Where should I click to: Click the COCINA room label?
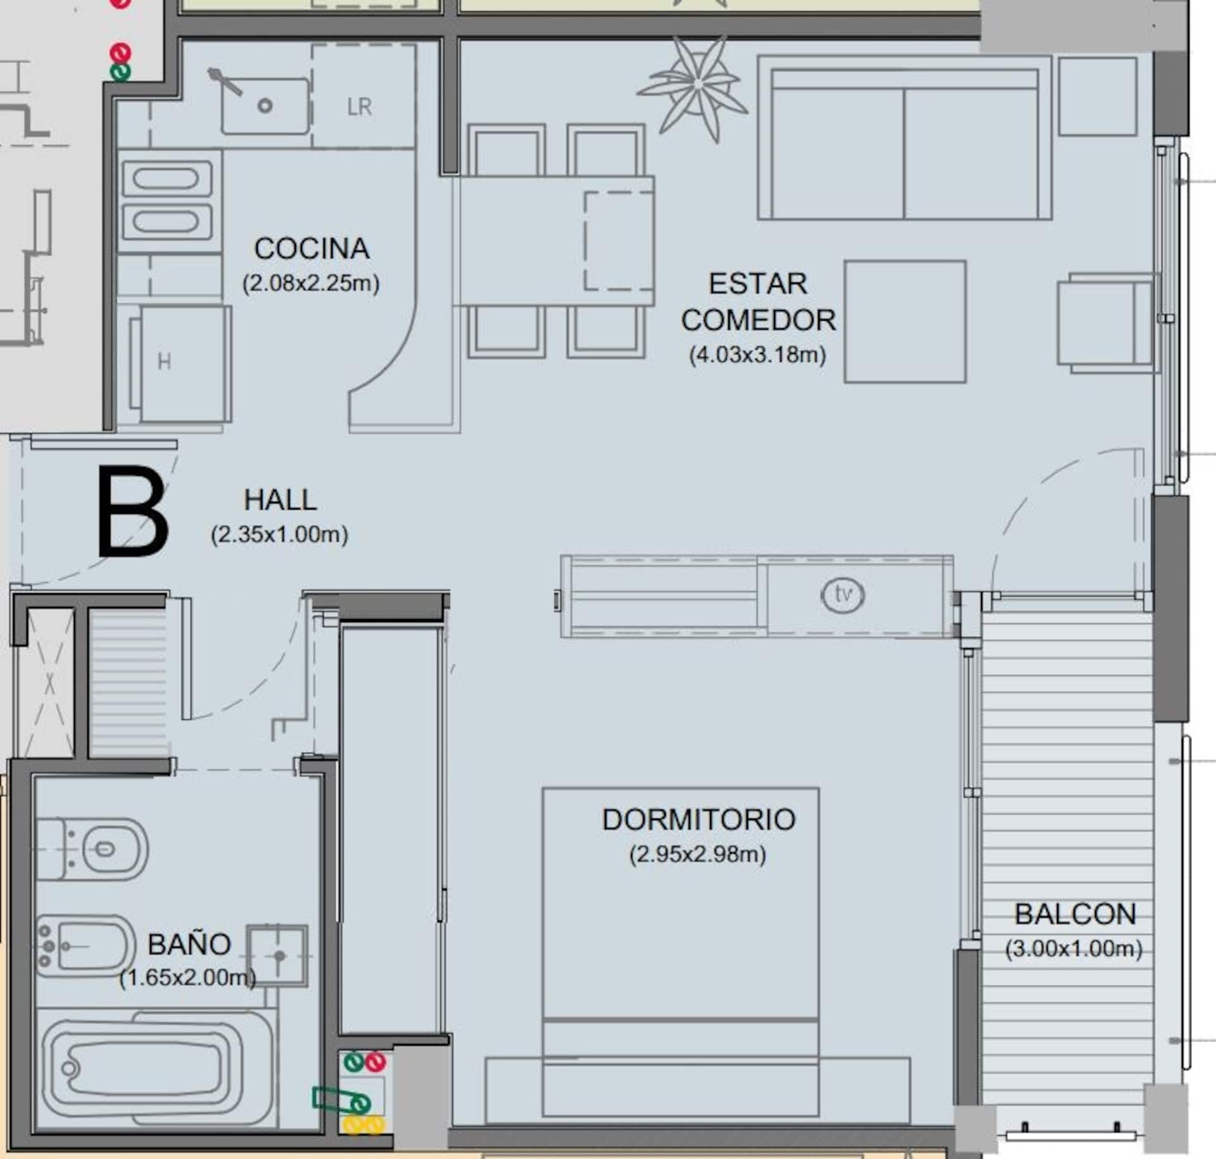click(312, 248)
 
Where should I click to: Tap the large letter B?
click(133, 511)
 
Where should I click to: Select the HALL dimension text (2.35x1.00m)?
click(279, 535)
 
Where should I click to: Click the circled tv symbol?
click(842, 595)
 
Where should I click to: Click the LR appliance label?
click(360, 106)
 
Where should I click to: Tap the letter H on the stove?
click(164, 362)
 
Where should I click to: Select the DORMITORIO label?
click(699, 819)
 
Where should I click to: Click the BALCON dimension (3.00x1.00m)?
click(1073, 949)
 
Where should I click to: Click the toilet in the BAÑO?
click(92, 848)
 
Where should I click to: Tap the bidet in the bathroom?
click(85, 946)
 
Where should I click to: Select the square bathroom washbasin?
click(277, 956)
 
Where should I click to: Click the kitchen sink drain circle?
click(265, 106)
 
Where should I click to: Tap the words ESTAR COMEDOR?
click(758, 302)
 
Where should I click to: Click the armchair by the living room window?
click(1106, 322)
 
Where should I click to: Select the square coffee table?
click(905, 321)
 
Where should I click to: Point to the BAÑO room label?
click(189, 944)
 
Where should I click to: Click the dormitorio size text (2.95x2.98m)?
click(698, 854)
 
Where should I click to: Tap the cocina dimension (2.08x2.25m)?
click(311, 283)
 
